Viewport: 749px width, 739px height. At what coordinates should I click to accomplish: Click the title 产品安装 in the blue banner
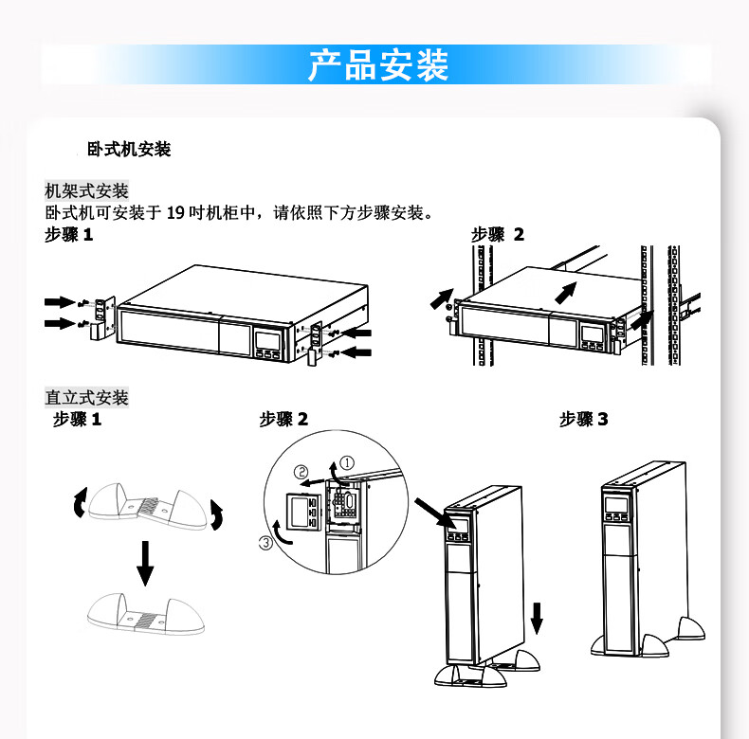(377, 65)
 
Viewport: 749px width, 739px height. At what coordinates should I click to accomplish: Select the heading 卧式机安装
(128, 150)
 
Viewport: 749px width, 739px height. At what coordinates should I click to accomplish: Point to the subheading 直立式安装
(86, 397)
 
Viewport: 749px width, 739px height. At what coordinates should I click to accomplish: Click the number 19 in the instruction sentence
(174, 213)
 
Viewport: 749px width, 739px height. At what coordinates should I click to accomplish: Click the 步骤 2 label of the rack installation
(497, 235)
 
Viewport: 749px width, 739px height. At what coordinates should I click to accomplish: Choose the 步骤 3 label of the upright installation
(583, 419)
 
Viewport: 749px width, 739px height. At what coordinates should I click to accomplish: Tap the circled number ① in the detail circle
(348, 462)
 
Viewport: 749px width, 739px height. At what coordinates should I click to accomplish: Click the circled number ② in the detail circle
(301, 472)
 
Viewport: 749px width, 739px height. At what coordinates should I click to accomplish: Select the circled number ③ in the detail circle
(266, 542)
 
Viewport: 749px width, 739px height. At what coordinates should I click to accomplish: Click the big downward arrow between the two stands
(144, 563)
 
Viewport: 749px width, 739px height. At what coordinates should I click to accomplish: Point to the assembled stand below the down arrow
(145, 614)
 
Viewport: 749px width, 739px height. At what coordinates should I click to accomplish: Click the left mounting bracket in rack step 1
(101, 317)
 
